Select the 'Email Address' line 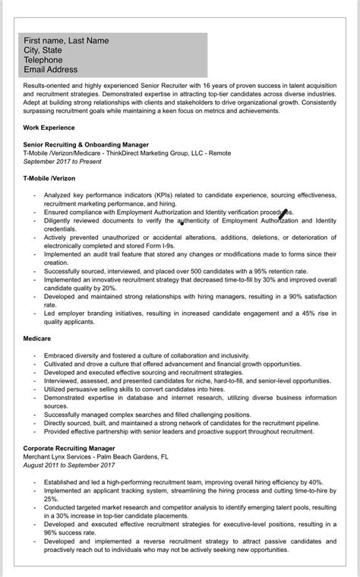(x=50, y=68)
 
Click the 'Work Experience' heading (x=49, y=128)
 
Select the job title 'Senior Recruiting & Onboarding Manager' (x=86, y=144)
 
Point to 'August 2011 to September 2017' (x=68, y=465)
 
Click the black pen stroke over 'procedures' (x=283, y=214)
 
